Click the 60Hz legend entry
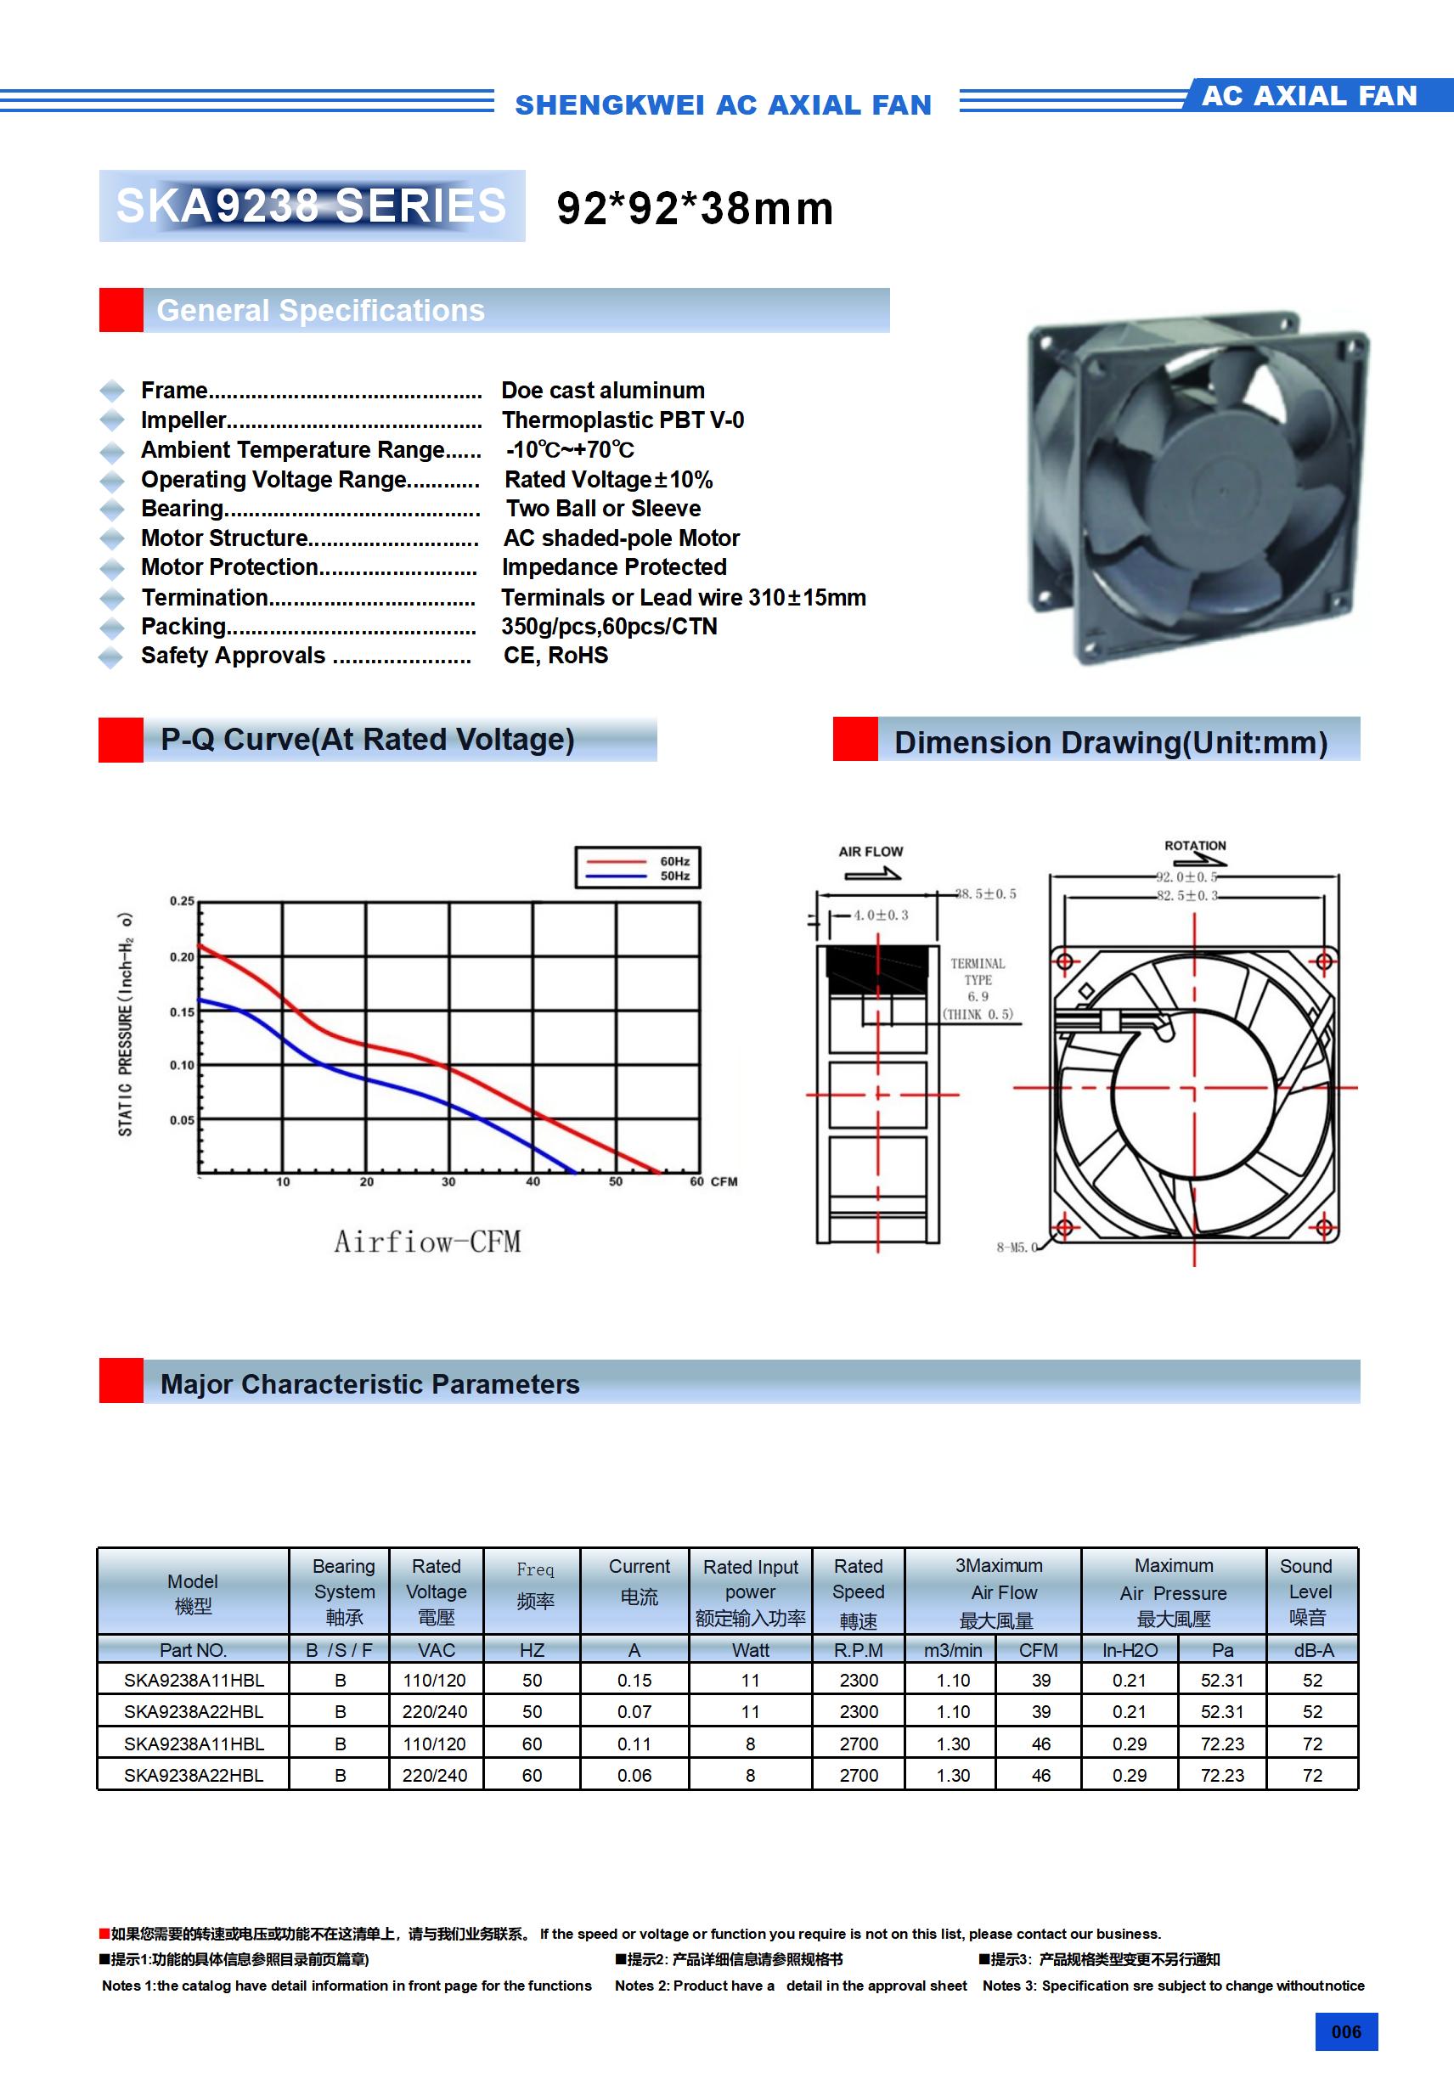pyautogui.click(x=673, y=861)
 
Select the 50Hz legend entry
pyautogui.click(x=673, y=876)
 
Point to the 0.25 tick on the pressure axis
pyautogui.click(x=182, y=901)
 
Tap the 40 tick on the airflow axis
pyautogui.click(x=533, y=1181)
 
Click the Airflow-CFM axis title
pyautogui.click(x=427, y=1242)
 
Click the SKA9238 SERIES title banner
pyautogui.click(x=312, y=206)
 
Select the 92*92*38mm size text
pyautogui.click(x=695, y=208)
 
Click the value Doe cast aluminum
pyautogui.click(x=603, y=391)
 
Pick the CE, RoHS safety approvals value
pyautogui.click(x=555, y=656)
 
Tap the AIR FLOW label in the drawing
pyautogui.click(x=871, y=852)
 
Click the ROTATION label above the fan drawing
pyautogui.click(x=1194, y=846)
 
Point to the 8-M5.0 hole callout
pyautogui.click(x=1016, y=1247)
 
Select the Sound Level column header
pyautogui.click(x=1308, y=1591)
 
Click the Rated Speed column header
pyautogui.click(x=858, y=1591)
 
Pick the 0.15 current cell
pyautogui.click(x=634, y=1681)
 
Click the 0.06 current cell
pyautogui.click(x=634, y=1775)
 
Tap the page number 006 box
pyautogui.click(x=1345, y=2031)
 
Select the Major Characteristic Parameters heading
pyautogui.click(x=369, y=1384)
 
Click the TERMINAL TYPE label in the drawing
pyautogui.click(x=978, y=972)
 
